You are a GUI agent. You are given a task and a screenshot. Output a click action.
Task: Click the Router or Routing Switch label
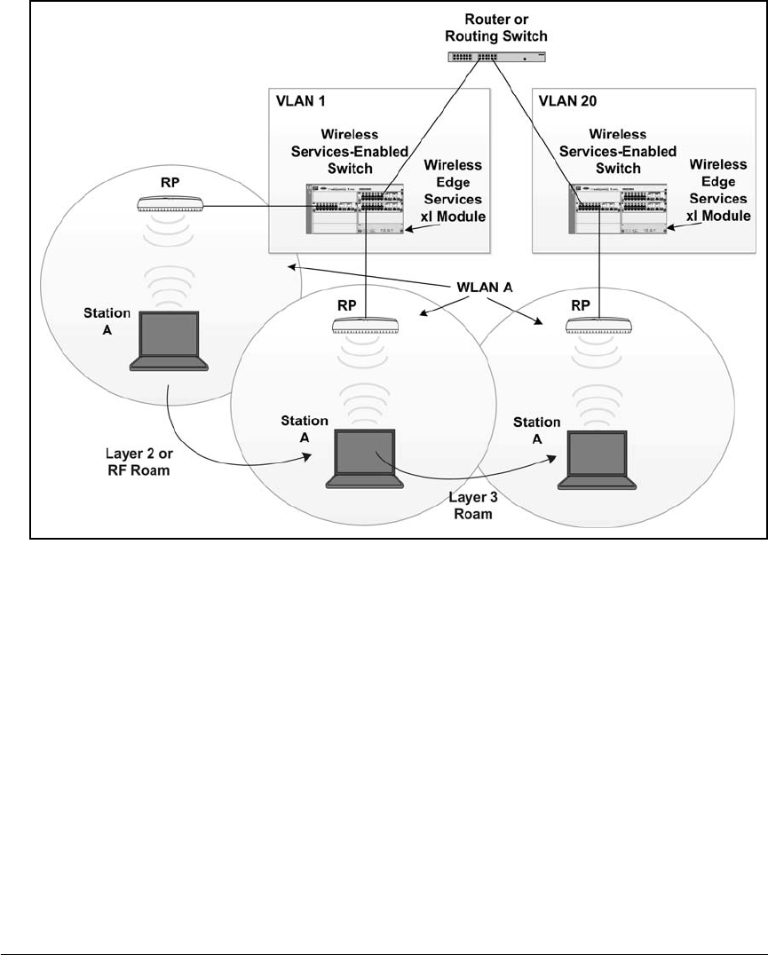click(495, 28)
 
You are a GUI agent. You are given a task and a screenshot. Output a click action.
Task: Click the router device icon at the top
click(497, 57)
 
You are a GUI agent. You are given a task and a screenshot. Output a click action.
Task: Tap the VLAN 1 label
click(301, 101)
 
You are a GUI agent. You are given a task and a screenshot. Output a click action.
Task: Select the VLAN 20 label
click(567, 101)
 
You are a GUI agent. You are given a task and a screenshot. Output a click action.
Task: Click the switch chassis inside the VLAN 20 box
click(618, 209)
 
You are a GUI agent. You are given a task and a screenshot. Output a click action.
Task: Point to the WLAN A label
click(485, 287)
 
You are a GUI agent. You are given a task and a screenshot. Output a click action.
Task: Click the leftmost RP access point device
click(170, 204)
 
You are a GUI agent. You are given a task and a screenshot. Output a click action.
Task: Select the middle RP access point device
click(366, 325)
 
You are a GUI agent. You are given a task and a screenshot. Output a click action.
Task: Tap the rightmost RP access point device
click(599, 325)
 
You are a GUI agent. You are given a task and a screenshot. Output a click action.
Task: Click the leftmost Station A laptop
click(170, 341)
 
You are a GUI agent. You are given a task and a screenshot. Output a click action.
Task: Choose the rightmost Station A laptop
click(598, 460)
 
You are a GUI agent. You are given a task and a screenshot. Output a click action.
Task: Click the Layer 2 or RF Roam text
click(139, 462)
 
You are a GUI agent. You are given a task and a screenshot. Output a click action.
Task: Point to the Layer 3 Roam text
click(473, 506)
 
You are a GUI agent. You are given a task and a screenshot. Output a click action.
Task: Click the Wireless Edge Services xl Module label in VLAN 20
click(718, 190)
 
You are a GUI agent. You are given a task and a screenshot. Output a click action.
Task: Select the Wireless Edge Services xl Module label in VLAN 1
click(454, 191)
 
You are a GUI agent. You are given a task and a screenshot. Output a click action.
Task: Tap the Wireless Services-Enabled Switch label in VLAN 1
click(350, 151)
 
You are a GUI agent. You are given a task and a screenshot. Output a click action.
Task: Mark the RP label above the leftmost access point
click(170, 183)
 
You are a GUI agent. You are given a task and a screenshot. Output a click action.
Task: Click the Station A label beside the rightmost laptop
click(536, 430)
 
